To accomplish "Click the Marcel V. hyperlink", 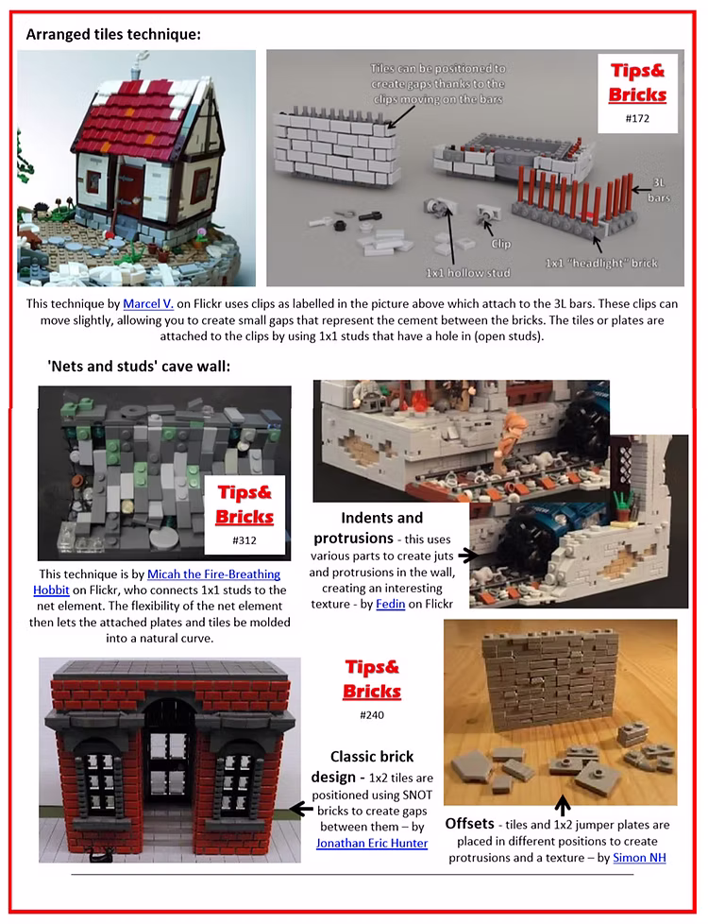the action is tap(148, 304).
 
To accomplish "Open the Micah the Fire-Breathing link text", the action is tap(213, 574).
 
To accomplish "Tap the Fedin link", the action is tap(391, 604).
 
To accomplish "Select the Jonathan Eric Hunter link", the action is tap(372, 844).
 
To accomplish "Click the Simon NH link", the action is tap(640, 858).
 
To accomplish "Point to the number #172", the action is tap(637, 118).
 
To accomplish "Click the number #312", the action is tap(244, 540).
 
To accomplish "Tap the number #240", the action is tap(372, 715).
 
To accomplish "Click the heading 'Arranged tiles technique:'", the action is tap(113, 34).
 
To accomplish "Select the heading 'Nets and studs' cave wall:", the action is tap(139, 367).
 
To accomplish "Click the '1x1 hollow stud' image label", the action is tap(468, 273).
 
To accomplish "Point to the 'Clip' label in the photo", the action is tap(500, 244).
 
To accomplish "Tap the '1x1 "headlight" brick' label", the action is tap(601, 264).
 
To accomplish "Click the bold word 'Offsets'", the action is tap(469, 823).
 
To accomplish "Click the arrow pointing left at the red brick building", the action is tap(301, 809).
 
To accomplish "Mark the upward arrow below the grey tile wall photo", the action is tap(563, 804).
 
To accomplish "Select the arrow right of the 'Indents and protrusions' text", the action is tap(468, 555).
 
